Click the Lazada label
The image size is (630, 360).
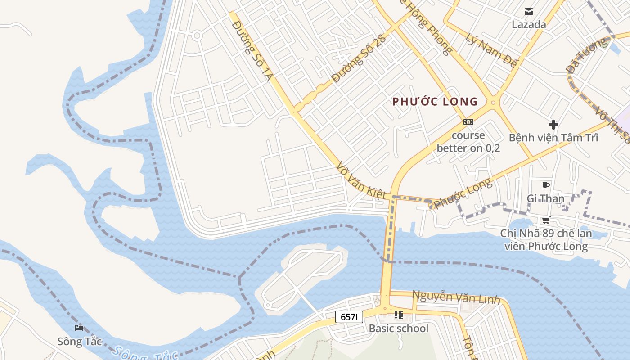[529, 24]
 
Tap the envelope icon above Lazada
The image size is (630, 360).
[529, 12]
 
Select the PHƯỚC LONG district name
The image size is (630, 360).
[435, 102]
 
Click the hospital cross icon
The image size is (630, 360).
[553, 125]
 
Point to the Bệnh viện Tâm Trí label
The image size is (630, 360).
[553, 138]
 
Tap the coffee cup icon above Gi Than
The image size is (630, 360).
[546, 185]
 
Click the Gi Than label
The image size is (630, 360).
[545, 198]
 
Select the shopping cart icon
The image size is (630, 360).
[546, 220]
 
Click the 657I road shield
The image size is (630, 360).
[349, 317]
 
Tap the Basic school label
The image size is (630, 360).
[399, 328]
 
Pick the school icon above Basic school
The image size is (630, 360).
[398, 315]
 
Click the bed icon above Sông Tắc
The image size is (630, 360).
[80, 328]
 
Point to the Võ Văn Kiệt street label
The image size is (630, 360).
[361, 181]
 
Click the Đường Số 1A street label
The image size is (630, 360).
[252, 50]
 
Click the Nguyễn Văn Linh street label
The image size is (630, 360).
[456, 297]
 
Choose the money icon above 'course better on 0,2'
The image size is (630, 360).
[468, 122]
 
